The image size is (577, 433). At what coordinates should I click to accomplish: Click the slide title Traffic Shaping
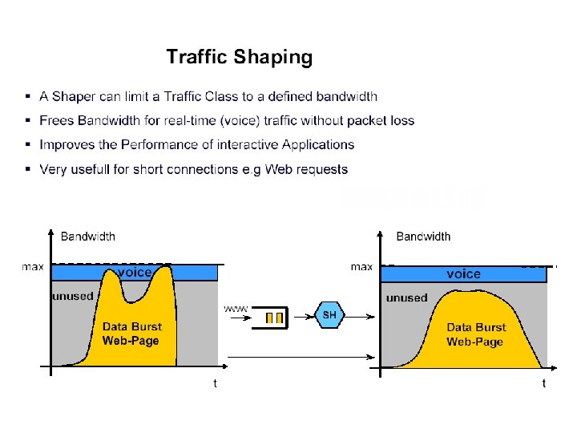click(x=239, y=57)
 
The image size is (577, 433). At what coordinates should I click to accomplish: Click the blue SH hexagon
click(x=329, y=315)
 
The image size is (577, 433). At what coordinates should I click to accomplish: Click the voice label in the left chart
click(x=135, y=273)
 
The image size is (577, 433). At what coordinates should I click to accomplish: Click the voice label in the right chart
click(x=463, y=274)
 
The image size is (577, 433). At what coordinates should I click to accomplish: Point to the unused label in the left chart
click(x=73, y=296)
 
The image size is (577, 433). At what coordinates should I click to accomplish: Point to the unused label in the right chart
click(x=407, y=298)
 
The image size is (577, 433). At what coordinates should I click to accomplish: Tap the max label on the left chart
click(x=33, y=268)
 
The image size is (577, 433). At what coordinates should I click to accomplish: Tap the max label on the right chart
click(x=362, y=267)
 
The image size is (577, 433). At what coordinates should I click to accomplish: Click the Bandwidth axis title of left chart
click(x=88, y=237)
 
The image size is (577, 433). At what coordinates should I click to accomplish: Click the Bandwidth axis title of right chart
click(x=423, y=237)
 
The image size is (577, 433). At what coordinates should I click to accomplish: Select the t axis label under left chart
click(x=215, y=383)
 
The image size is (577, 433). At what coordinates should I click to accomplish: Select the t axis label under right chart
click(x=544, y=383)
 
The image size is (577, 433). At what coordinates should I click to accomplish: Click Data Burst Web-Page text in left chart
click(x=131, y=334)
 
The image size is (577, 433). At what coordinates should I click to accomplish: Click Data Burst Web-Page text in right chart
click(x=475, y=334)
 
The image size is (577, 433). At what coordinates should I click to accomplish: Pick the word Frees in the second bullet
click(x=56, y=121)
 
